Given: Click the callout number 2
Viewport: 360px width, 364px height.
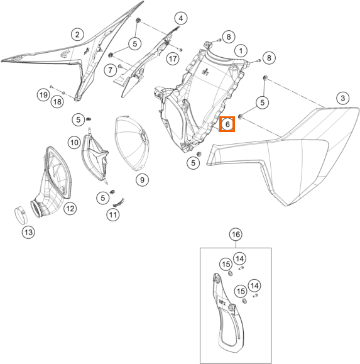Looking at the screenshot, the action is click(x=77, y=35).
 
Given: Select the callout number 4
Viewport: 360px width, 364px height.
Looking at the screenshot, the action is click(x=181, y=18).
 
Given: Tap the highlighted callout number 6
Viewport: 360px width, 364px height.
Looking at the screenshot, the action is click(x=227, y=124).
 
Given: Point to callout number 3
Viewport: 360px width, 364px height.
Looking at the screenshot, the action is click(x=343, y=98).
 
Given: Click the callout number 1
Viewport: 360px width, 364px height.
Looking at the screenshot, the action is click(x=241, y=51).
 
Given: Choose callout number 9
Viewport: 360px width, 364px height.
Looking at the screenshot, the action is click(x=142, y=180).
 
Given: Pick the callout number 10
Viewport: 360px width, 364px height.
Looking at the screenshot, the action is click(x=74, y=142).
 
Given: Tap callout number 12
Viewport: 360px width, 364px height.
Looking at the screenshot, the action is click(x=70, y=209).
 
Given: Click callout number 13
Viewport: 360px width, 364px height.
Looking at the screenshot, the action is click(x=28, y=232).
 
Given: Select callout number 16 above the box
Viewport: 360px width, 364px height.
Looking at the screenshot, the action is click(x=236, y=234).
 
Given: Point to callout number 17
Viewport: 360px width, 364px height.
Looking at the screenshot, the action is click(x=173, y=58).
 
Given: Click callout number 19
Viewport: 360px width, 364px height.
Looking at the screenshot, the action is click(x=43, y=95).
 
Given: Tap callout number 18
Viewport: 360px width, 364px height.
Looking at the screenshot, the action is click(x=57, y=102).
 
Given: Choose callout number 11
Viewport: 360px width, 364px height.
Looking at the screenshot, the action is click(x=113, y=215).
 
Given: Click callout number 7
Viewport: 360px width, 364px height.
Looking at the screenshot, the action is click(x=110, y=70).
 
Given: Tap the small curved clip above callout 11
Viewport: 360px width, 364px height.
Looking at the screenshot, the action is click(x=119, y=202).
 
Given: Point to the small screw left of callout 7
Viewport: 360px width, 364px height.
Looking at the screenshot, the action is click(x=120, y=67).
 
